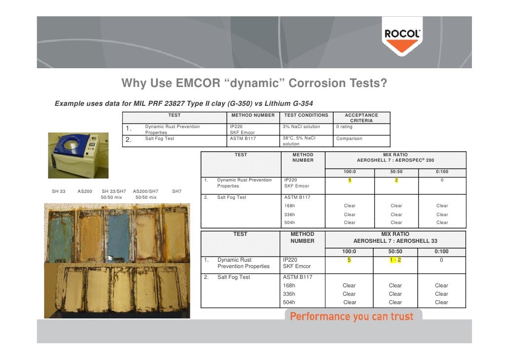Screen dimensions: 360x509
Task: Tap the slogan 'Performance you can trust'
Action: (x=351, y=316)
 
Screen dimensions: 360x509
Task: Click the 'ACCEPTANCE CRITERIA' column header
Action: (x=361, y=118)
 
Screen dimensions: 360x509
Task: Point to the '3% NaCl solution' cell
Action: (x=301, y=127)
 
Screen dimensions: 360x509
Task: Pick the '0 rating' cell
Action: (x=344, y=127)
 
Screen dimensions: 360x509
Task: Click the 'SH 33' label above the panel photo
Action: (x=59, y=191)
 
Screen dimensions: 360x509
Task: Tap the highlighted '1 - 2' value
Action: (x=395, y=260)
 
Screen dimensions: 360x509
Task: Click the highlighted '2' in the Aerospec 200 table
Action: (x=396, y=180)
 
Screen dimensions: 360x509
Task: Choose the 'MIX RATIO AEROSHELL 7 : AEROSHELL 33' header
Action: (x=395, y=237)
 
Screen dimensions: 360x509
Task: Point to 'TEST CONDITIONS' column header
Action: (x=306, y=115)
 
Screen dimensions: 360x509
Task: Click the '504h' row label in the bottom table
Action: (x=289, y=303)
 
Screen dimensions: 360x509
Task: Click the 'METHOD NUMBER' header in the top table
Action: (x=253, y=115)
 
